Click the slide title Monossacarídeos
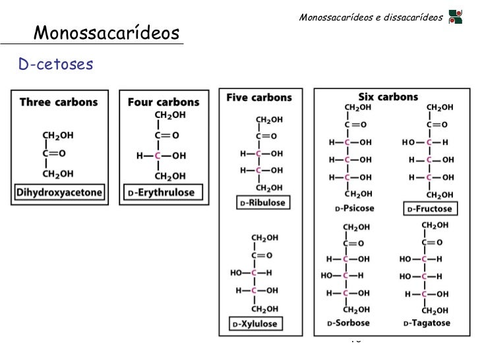(x=106, y=32)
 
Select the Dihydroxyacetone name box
(x=61, y=193)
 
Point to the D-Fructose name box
(x=429, y=209)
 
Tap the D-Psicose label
(x=355, y=209)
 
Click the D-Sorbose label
(x=349, y=323)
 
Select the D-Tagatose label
(x=426, y=323)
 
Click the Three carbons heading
(x=59, y=102)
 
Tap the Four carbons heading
(x=163, y=102)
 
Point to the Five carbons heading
(x=258, y=98)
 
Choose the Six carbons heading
(x=388, y=96)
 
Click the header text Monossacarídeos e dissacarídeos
(x=370, y=16)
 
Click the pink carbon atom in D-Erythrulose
(x=158, y=156)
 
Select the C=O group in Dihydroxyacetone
(x=53, y=154)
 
